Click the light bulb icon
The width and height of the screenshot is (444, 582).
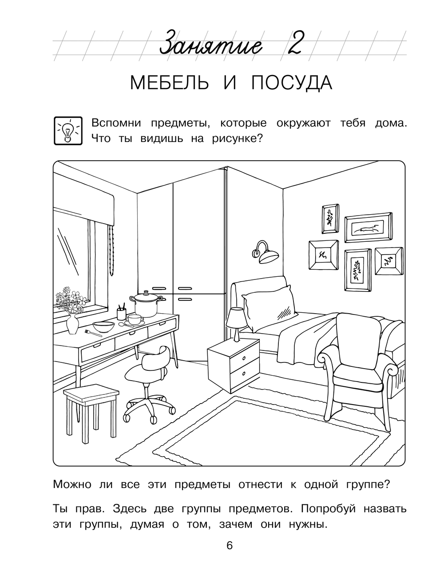(x=68, y=130)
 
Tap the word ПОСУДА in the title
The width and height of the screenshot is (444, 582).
(x=291, y=83)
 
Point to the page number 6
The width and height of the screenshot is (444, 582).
(x=229, y=546)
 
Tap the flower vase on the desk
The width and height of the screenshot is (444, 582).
(x=72, y=325)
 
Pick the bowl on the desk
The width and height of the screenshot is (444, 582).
(x=103, y=327)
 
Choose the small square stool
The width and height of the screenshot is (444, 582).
(x=91, y=393)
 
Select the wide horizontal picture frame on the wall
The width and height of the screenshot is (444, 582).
(x=369, y=228)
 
